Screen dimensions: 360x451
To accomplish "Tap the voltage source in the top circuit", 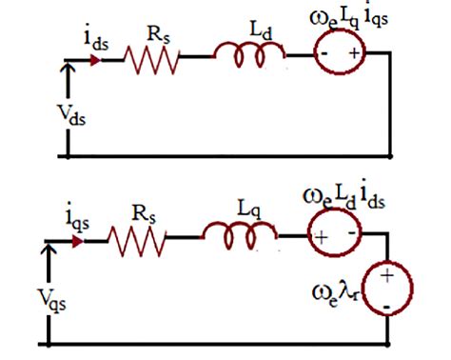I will [340, 54].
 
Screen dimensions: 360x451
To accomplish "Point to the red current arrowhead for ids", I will [95, 58].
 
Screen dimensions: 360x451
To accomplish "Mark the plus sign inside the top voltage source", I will [356, 55].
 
